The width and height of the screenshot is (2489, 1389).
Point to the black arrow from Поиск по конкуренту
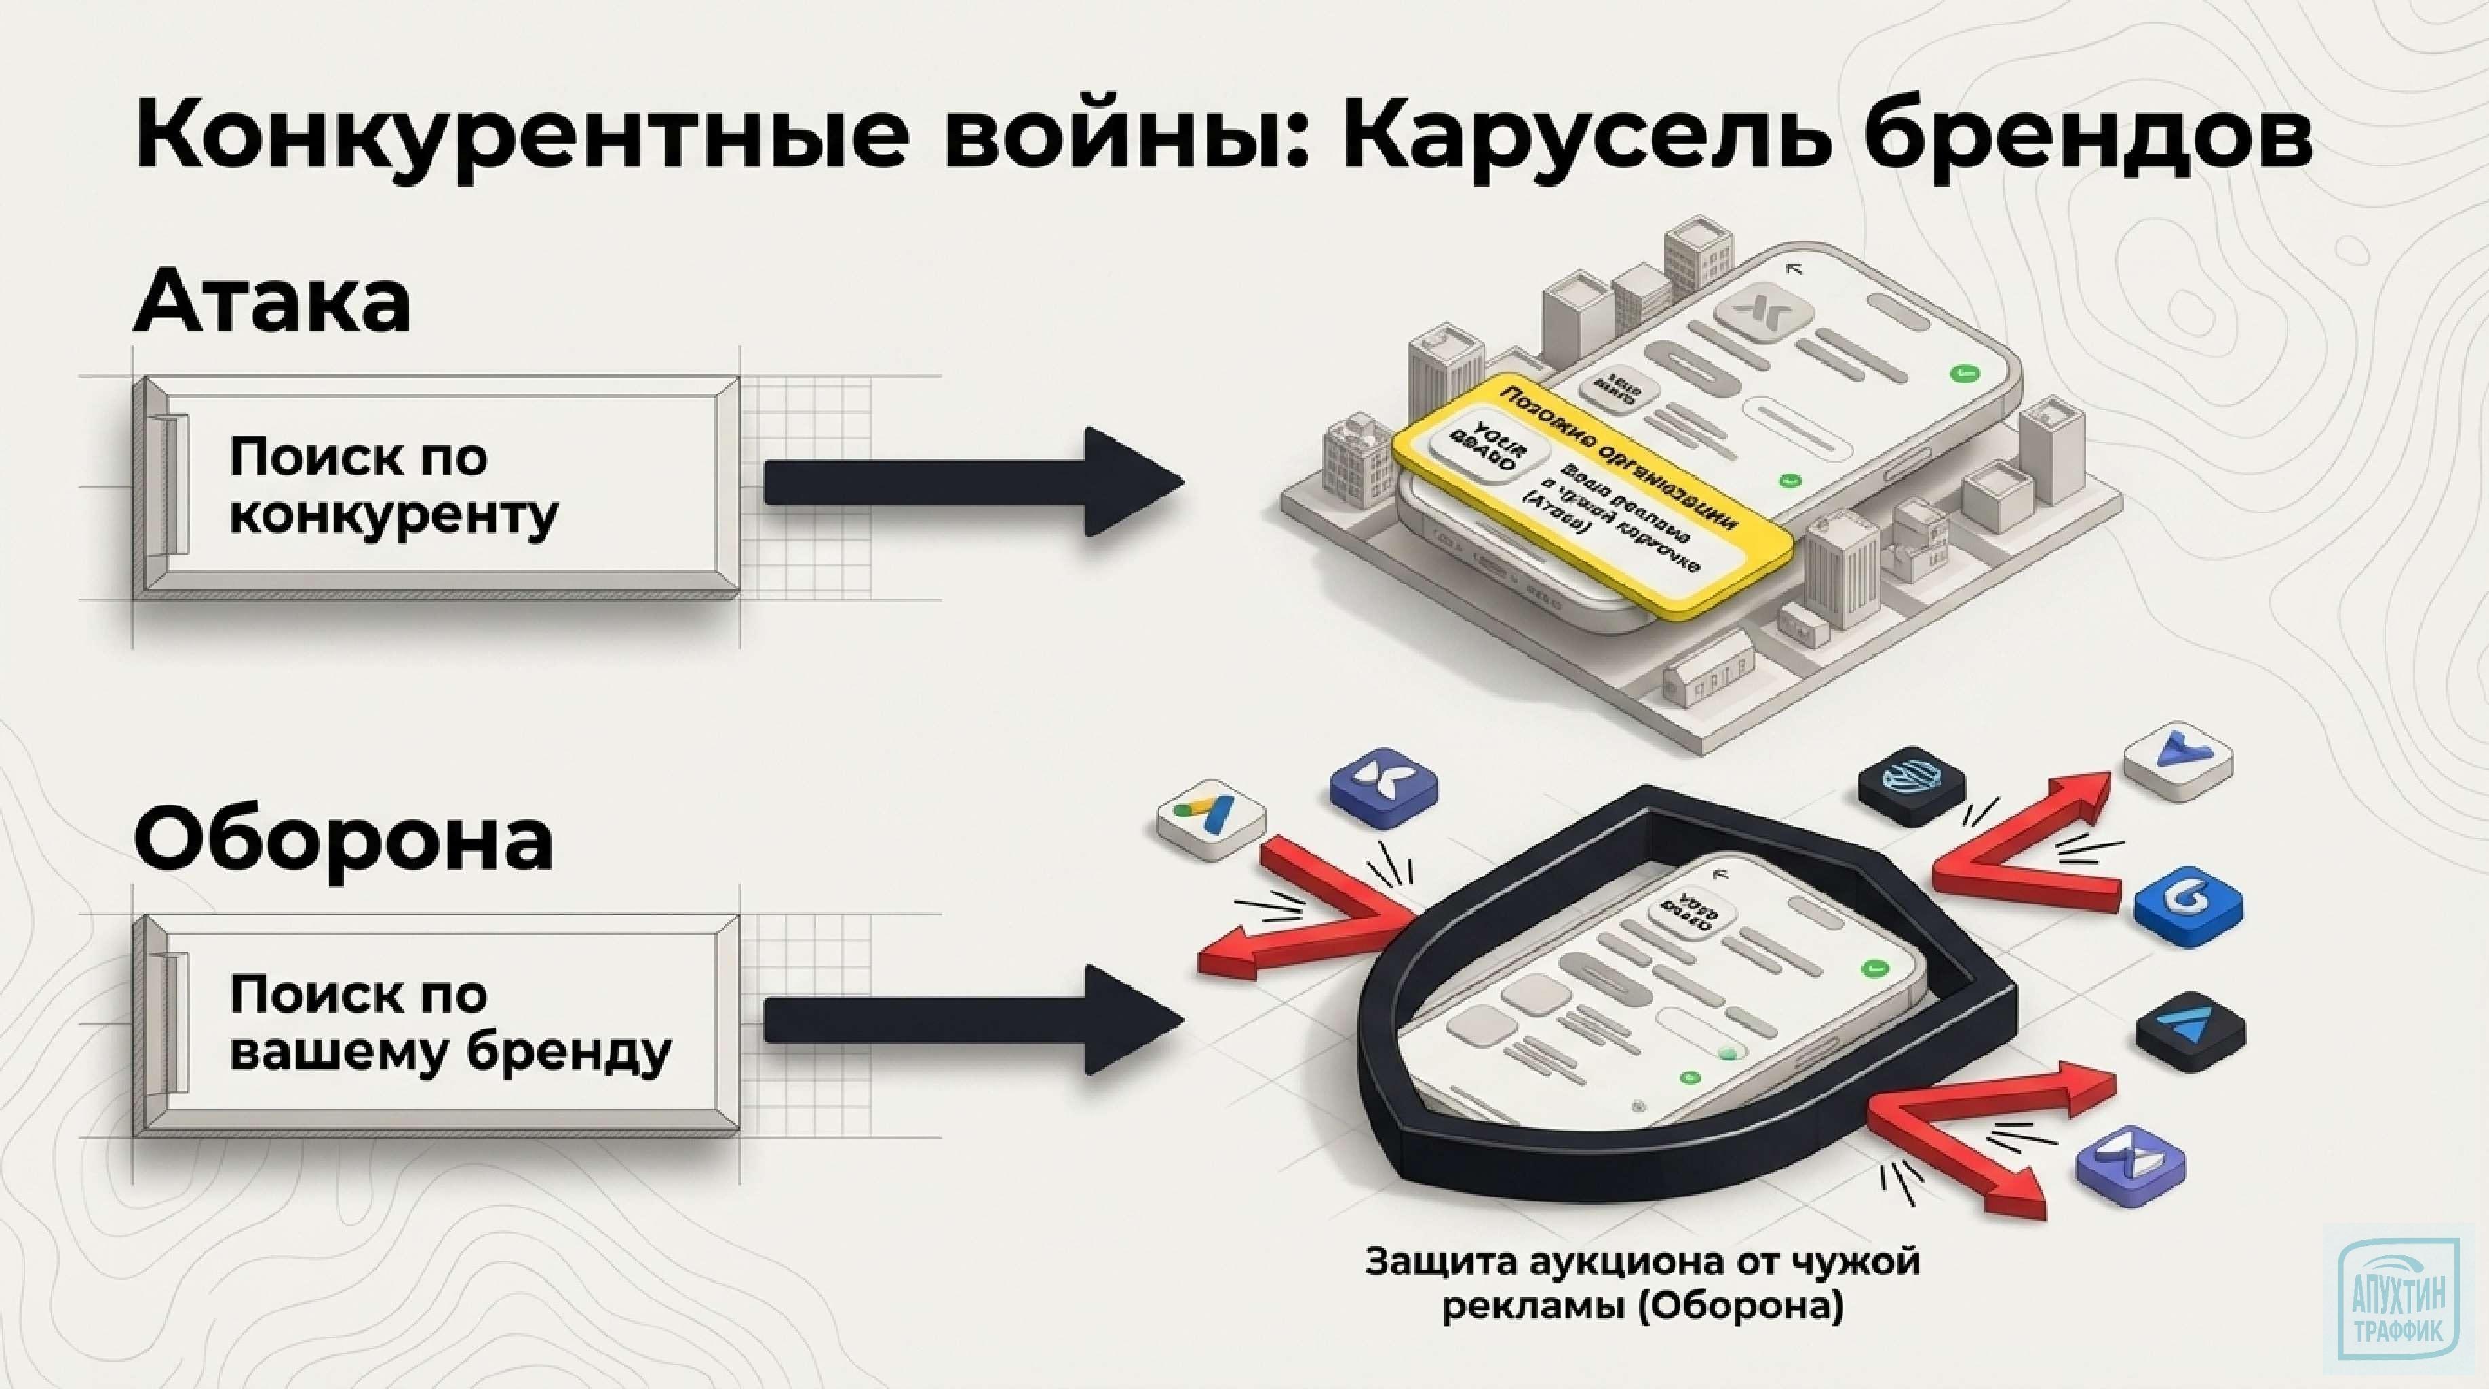coord(971,482)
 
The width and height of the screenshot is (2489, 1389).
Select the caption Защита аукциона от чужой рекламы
coord(1642,1284)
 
